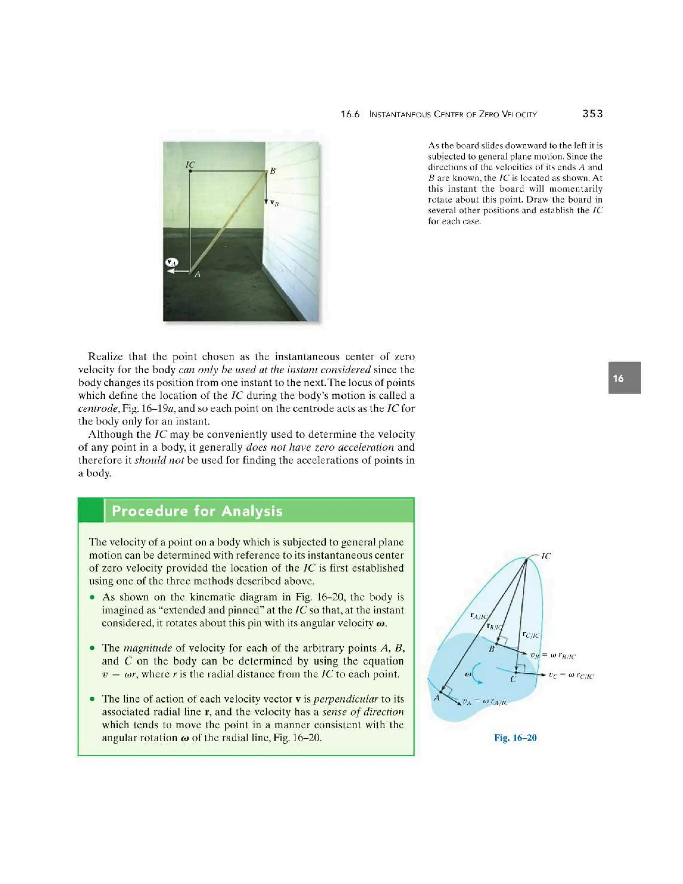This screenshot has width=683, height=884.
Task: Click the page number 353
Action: pyautogui.click(x=592, y=114)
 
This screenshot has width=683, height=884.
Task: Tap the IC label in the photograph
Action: pyautogui.click(x=190, y=165)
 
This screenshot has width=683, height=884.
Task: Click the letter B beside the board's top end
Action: pyautogui.click(x=273, y=171)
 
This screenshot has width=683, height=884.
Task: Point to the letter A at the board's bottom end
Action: pyautogui.click(x=197, y=274)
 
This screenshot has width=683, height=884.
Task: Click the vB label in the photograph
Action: pyautogui.click(x=274, y=203)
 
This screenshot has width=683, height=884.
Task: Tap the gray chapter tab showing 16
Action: pyautogui.click(x=624, y=378)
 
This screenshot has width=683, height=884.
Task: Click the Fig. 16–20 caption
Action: pyautogui.click(x=515, y=738)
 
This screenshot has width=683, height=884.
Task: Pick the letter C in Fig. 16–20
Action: pyautogui.click(x=513, y=680)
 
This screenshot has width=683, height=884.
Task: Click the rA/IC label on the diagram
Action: pyautogui.click(x=478, y=616)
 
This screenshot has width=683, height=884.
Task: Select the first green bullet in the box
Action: pyautogui.click(x=93, y=597)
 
